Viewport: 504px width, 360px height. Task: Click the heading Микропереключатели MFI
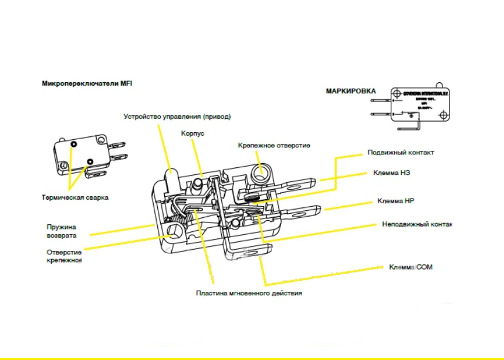[x=87, y=83]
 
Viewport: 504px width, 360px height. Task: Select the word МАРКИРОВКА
[x=351, y=91]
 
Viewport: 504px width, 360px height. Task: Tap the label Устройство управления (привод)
[x=177, y=116]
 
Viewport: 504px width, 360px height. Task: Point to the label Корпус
[x=192, y=134]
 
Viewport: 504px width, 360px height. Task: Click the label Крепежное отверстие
[x=273, y=145]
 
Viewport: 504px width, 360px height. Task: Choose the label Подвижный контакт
[x=401, y=152]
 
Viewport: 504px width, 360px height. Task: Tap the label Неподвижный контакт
[x=417, y=224]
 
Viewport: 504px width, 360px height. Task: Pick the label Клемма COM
[x=411, y=267]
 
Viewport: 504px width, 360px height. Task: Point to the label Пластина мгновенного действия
[x=249, y=292]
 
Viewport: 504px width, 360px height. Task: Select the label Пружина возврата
[x=62, y=231]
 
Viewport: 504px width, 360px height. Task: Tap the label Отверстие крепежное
[x=64, y=256]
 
